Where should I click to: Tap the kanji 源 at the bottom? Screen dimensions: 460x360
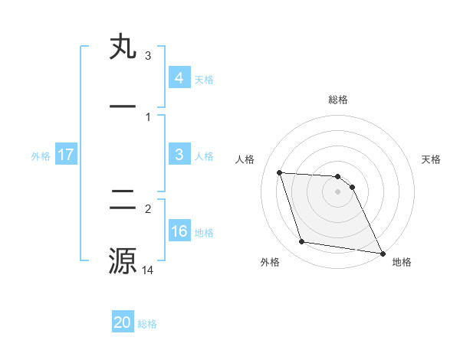123,260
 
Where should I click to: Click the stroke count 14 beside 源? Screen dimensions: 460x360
148,270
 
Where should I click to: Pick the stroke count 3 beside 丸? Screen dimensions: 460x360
147,56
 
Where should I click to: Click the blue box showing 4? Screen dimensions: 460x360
179,77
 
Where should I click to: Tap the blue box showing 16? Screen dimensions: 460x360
179,231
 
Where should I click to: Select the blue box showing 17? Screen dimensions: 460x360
66,155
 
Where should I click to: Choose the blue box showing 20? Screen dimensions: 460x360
123,322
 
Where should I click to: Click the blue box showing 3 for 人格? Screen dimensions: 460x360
179,155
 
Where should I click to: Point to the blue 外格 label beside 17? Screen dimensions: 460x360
41,155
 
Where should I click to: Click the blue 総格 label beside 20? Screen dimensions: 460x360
147,324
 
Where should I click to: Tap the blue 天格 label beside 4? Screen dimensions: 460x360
203,79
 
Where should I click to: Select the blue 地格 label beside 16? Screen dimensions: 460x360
204,233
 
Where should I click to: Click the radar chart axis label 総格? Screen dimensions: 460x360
338,100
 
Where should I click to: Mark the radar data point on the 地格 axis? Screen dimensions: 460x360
382,253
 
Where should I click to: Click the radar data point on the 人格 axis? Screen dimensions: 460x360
280,172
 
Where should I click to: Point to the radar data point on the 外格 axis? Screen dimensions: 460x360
302,242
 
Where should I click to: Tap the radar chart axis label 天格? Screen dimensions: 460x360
432,159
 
